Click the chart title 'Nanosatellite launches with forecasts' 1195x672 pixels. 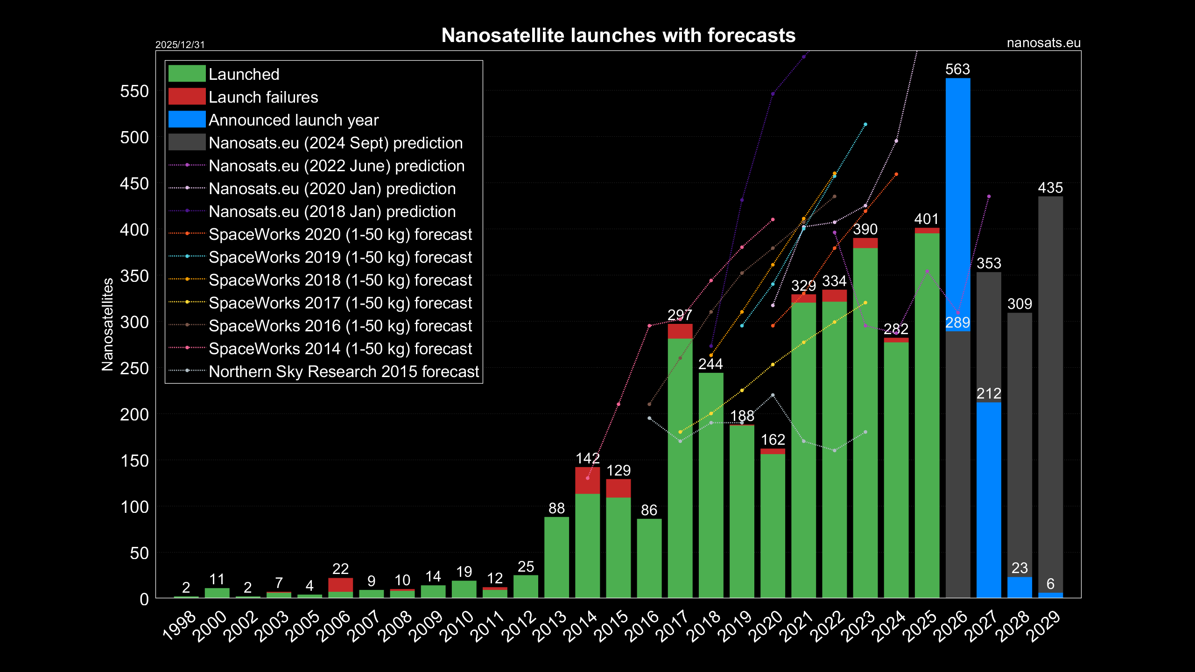coord(618,35)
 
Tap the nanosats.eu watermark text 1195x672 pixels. coord(1043,43)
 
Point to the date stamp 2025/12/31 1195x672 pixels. coord(180,45)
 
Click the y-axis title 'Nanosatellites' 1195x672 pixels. coord(107,324)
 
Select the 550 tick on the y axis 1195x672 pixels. coord(134,91)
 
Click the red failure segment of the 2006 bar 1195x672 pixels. coord(340,585)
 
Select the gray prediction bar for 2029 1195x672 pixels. coord(1050,392)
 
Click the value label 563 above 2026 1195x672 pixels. coord(957,69)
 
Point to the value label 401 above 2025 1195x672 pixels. coord(927,219)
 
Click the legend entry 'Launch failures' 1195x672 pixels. coord(263,97)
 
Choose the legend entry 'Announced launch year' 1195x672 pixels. coord(293,120)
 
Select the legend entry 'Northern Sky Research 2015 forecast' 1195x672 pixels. coord(344,371)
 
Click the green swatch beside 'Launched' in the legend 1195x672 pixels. coord(187,74)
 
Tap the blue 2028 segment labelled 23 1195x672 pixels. coord(1019,587)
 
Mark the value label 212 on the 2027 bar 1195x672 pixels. coord(989,393)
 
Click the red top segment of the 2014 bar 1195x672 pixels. coord(587,480)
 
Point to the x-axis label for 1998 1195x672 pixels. coord(179,625)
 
